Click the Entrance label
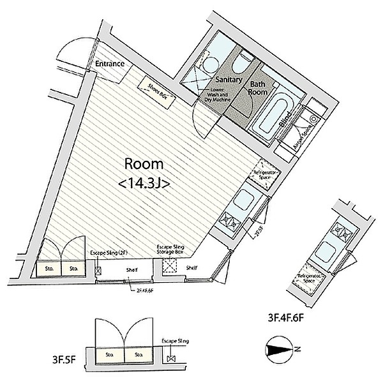click(109, 64)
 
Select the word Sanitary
click(227, 80)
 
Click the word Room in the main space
click(144, 163)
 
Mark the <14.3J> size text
click(144, 183)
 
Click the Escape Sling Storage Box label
click(171, 250)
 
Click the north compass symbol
click(278, 349)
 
